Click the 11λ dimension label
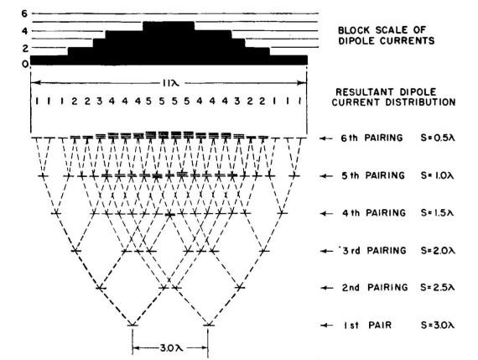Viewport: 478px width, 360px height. tap(169, 83)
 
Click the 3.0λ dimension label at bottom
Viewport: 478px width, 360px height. tap(171, 347)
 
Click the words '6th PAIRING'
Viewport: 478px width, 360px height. tap(371, 138)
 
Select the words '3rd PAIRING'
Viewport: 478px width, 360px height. tap(374, 250)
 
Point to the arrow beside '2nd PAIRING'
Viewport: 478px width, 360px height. tap(327, 288)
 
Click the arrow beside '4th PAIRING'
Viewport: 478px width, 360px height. tap(327, 213)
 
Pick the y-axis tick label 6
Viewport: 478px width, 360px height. tap(24, 13)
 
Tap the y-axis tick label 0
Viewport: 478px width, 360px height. tap(25, 64)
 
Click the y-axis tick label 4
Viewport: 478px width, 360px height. tap(24, 31)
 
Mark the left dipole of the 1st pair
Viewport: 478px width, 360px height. tap(132, 325)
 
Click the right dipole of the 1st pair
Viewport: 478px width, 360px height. tap(209, 325)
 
